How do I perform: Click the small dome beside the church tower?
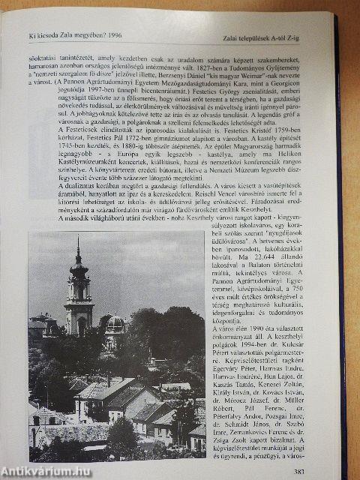[x=115, y=322]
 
